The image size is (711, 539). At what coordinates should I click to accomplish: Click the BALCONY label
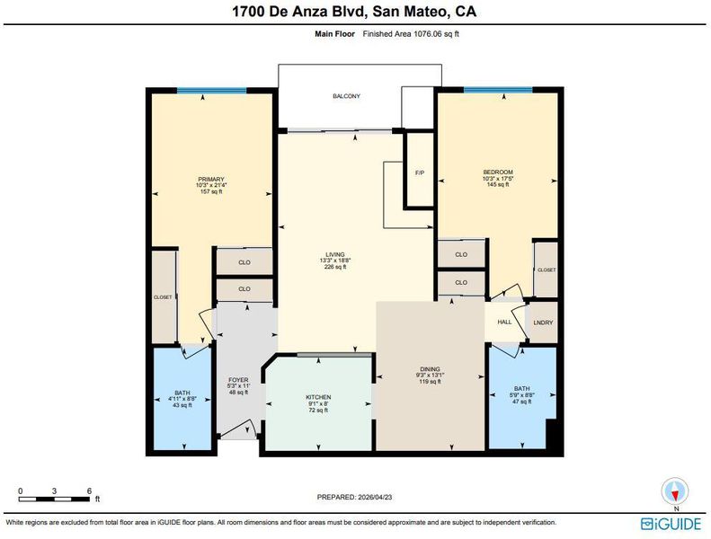click(x=346, y=96)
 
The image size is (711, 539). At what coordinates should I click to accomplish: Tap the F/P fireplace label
click(x=420, y=172)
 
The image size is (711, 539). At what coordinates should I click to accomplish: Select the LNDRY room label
click(x=543, y=323)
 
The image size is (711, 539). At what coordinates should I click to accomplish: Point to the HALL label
click(x=504, y=322)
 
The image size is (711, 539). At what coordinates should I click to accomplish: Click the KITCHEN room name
click(x=318, y=397)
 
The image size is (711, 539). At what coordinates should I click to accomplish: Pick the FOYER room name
click(x=238, y=380)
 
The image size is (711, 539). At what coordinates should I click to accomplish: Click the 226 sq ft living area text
click(x=335, y=267)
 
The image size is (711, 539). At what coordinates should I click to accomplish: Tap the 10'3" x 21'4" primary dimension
click(x=211, y=185)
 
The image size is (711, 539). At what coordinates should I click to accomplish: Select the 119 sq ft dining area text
click(x=430, y=381)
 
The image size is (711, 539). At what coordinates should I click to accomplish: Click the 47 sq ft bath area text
click(x=522, y=402)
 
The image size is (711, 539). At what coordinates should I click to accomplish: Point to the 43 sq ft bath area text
click(x=182, y=405)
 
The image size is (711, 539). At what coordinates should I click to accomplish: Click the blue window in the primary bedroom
click(x=212, y=90)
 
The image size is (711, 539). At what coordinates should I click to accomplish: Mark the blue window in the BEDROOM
click(x=498, y=90)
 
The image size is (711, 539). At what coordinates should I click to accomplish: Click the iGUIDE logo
click(x=671, y=524)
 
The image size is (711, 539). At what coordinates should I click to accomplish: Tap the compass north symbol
click(x=675, y=491)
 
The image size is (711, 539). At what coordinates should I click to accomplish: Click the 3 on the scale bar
click(x=55, y=490)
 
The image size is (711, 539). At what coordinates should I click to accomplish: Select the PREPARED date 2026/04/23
click(x=374, y=497)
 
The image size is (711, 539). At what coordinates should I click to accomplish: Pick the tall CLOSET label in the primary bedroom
click(x=163, y=297)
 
